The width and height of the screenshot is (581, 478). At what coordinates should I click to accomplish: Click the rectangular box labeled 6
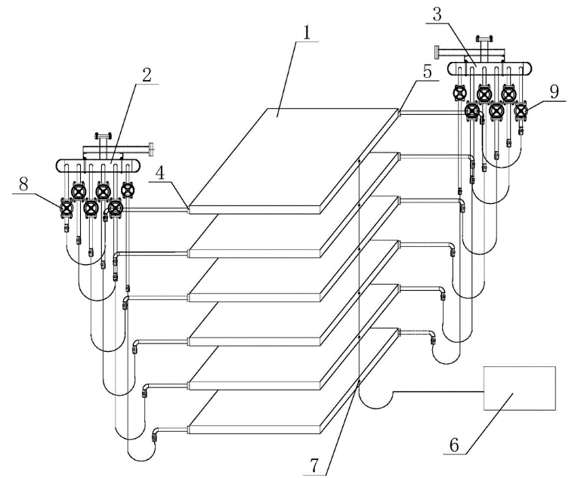pos(519,388)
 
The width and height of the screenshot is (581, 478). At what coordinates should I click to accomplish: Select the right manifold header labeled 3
pos(491,69)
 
